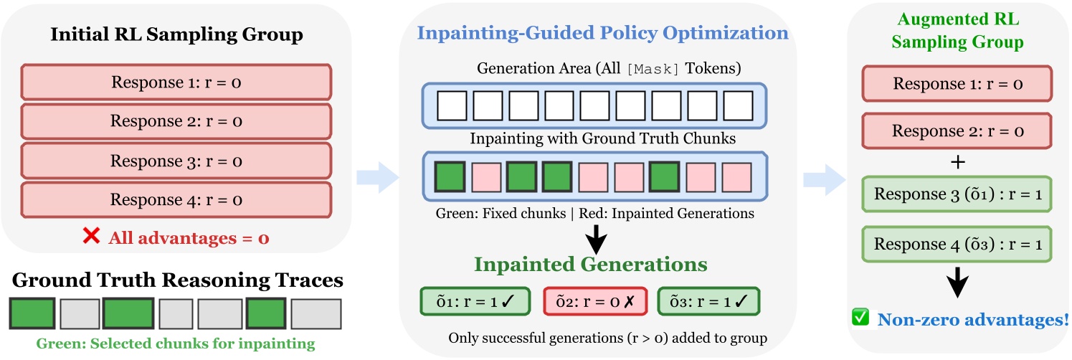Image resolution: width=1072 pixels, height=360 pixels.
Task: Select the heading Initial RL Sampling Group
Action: (x=176, y=34)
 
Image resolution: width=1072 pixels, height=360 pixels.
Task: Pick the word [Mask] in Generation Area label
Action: (x=650, y=69)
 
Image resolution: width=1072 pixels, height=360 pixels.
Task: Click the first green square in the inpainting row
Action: (x=450, y=176)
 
